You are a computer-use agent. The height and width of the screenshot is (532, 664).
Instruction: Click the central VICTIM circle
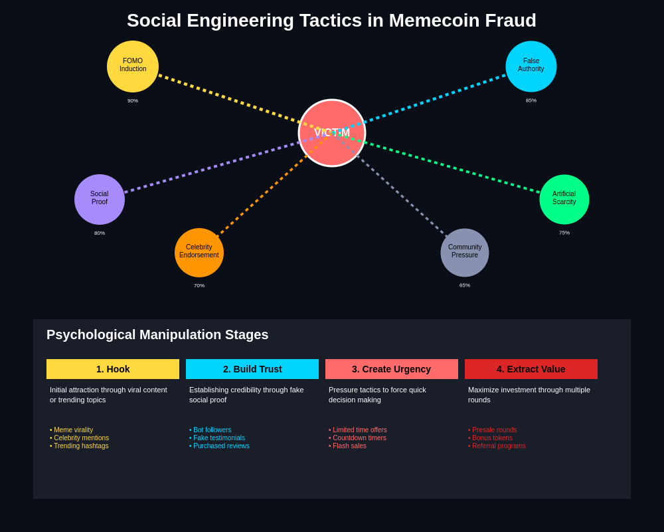tap(332, 133)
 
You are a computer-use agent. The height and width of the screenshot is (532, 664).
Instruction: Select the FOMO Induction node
tap(133, 66)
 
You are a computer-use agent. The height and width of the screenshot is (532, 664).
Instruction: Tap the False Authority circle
tap(531, 66)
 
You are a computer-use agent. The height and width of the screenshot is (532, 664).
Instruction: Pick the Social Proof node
tap(100, 199)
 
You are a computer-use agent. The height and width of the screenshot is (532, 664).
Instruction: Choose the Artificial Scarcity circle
tap(564, 199)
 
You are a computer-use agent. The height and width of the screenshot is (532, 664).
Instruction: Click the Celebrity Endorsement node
tap(199, 253)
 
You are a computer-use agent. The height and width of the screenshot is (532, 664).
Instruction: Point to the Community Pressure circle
tap(465, 253)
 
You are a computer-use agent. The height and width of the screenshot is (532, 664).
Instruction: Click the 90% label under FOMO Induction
tap(133, 101)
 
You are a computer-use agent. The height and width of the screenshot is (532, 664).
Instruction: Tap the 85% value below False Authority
tap(531, 101)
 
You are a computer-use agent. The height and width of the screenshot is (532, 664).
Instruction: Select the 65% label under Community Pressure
tap(465, 285)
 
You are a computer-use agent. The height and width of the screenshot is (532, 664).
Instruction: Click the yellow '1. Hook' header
tap(113, 369)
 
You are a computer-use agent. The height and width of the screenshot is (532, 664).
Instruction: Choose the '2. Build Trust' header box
tap(252, 369)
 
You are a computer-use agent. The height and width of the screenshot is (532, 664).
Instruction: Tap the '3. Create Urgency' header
tap(392, 369)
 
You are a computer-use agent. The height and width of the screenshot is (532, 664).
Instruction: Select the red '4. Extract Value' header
tap(531, 369)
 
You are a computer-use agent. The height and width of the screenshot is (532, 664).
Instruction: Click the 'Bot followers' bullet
tap(212, 430)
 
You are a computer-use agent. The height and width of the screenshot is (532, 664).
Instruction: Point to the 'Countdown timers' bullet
tap(359, 438)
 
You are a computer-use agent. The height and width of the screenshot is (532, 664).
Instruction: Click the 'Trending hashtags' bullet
tap(80, 446)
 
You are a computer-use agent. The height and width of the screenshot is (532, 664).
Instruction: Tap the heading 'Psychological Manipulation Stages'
tap(157, 335)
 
